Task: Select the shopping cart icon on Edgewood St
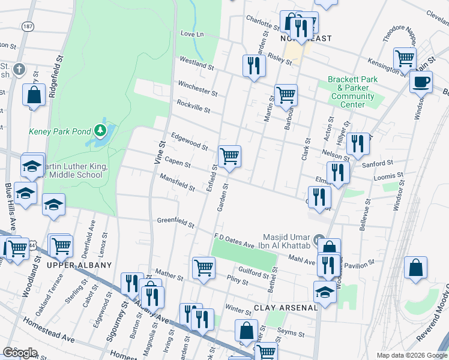point(229,157)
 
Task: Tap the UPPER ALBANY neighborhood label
point(80,265)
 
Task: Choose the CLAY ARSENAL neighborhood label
point(285,308)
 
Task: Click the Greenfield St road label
point(175,224)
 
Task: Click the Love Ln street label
point(191,34)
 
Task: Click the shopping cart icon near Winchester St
point(286,95)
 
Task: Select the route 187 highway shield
point(28,27)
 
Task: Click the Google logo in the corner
point(20,353)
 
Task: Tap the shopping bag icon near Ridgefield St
point(34,95)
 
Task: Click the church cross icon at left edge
point(19,69)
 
